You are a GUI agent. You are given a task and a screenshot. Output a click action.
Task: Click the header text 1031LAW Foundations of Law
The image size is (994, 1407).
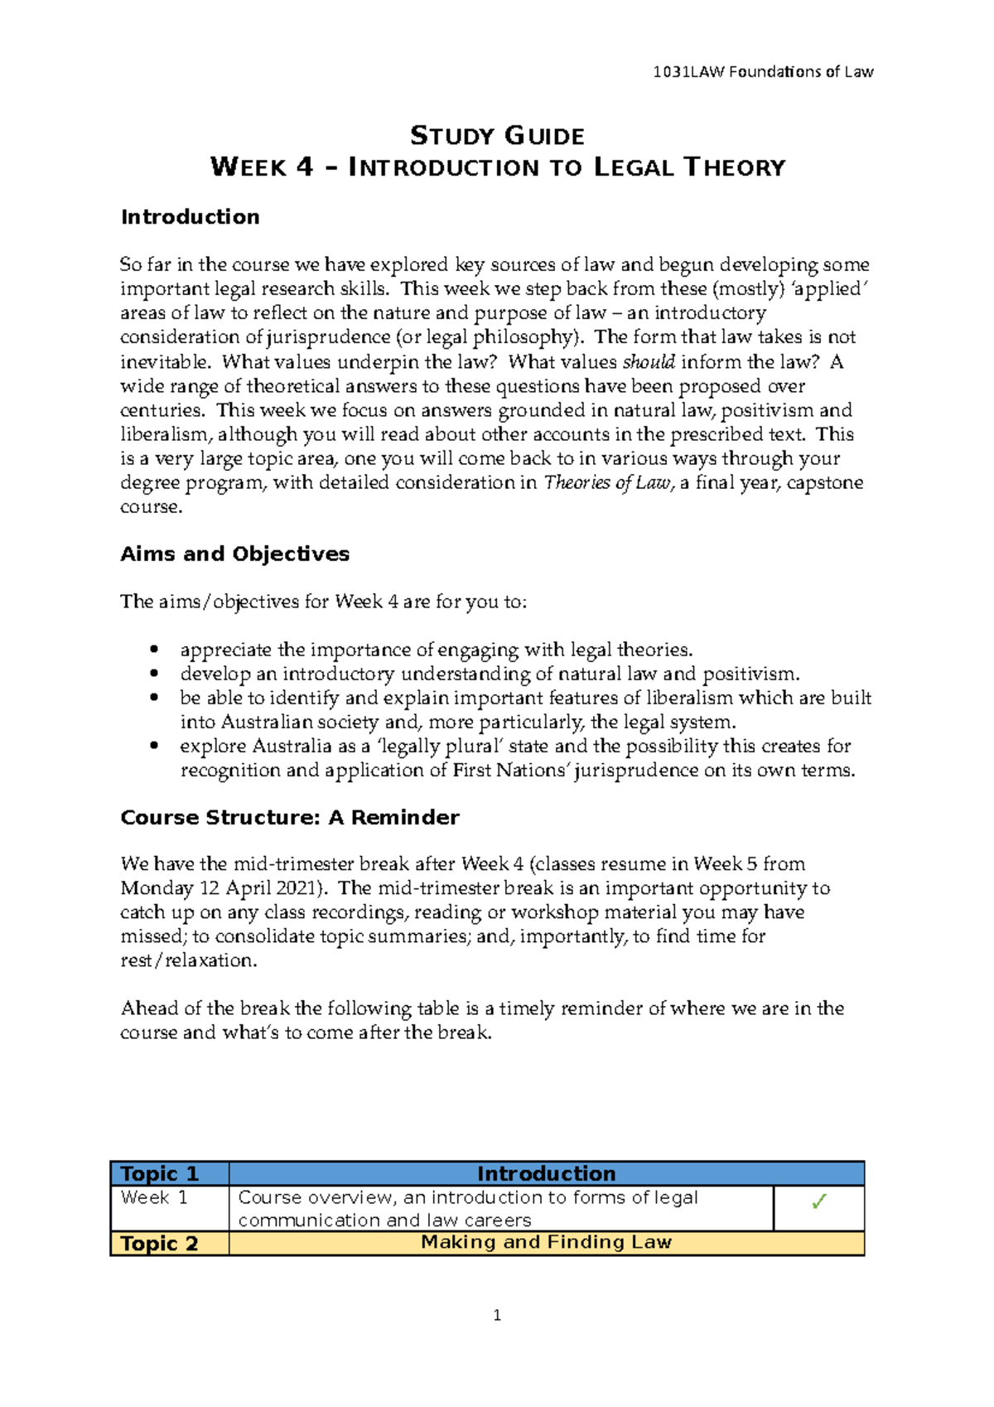(763, 72)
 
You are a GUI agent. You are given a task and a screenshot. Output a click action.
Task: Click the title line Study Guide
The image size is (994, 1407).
(497, 136)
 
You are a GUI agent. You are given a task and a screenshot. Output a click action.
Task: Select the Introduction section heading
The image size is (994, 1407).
(190, 217)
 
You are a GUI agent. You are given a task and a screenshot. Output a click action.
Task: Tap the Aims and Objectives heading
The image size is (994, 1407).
(234, 554)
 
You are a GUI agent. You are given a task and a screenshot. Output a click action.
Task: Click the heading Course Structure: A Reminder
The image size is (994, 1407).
(289, 818)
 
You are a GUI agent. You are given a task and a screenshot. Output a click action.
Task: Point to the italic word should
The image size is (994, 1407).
(649, 362)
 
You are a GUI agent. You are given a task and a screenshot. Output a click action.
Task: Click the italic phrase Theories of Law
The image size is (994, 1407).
(607, 483)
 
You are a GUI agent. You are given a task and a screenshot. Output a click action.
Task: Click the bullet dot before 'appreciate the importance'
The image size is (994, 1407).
(153, 650)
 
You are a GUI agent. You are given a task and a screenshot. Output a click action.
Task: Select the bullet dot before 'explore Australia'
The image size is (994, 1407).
(153, 747)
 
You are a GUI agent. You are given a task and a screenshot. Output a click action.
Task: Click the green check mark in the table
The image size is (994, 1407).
(818, 1202)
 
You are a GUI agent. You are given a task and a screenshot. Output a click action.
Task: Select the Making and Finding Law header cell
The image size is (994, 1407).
(546, 1242)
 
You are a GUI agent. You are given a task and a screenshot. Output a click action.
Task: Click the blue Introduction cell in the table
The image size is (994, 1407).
(546, 1174)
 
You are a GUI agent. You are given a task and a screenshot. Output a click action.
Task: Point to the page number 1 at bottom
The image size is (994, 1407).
(497, 1316)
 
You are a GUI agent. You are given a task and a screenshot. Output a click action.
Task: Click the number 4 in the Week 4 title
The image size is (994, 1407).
(304, 167)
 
